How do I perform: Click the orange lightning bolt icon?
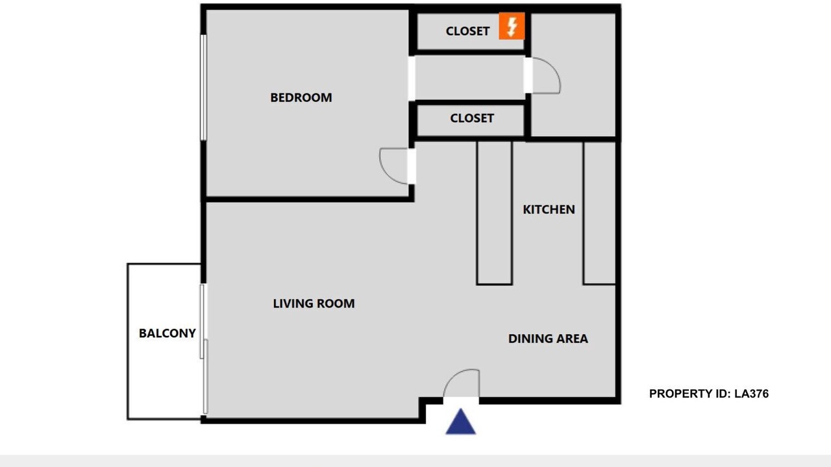coord(512,26)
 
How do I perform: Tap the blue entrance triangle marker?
coord(460,422)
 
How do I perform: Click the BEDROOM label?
coord(301,98)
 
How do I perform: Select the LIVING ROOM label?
coord(314,304)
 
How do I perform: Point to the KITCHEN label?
coord(549,210)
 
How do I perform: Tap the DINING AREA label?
coord(548,339)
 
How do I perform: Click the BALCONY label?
coord(167,333)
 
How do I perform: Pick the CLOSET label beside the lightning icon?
coord(467,32)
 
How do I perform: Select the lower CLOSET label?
coord(472,119)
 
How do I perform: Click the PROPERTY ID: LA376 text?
coord(708,394)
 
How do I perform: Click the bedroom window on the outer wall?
coord(203,88)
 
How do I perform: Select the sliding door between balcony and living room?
coord(204,349)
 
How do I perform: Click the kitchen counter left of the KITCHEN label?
coord(495,213)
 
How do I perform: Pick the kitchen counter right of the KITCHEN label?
coord(599,213)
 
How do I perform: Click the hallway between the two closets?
coord(469,77)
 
